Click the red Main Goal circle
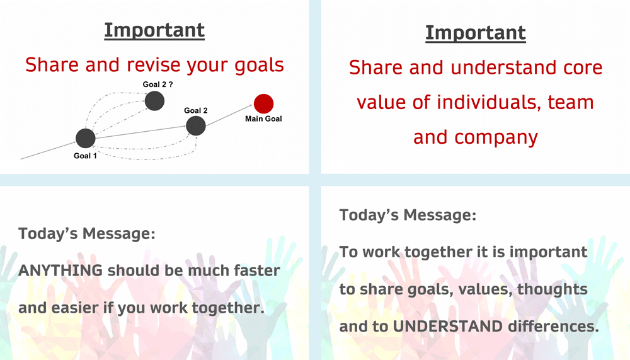[263, 104]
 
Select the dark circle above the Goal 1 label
[86, 138]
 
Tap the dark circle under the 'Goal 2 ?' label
[155, 101]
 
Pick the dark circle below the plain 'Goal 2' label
[196, 126]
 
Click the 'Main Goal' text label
[263, 119]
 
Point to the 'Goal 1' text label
[85, 156]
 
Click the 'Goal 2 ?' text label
[157, 84]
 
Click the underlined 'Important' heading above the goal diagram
[154, 30]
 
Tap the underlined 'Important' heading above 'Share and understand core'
[476, 33]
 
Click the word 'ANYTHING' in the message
[60, 270]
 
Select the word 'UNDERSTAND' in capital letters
[447, 326]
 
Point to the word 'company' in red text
[496, 138]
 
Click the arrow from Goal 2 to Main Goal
[229, 115]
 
